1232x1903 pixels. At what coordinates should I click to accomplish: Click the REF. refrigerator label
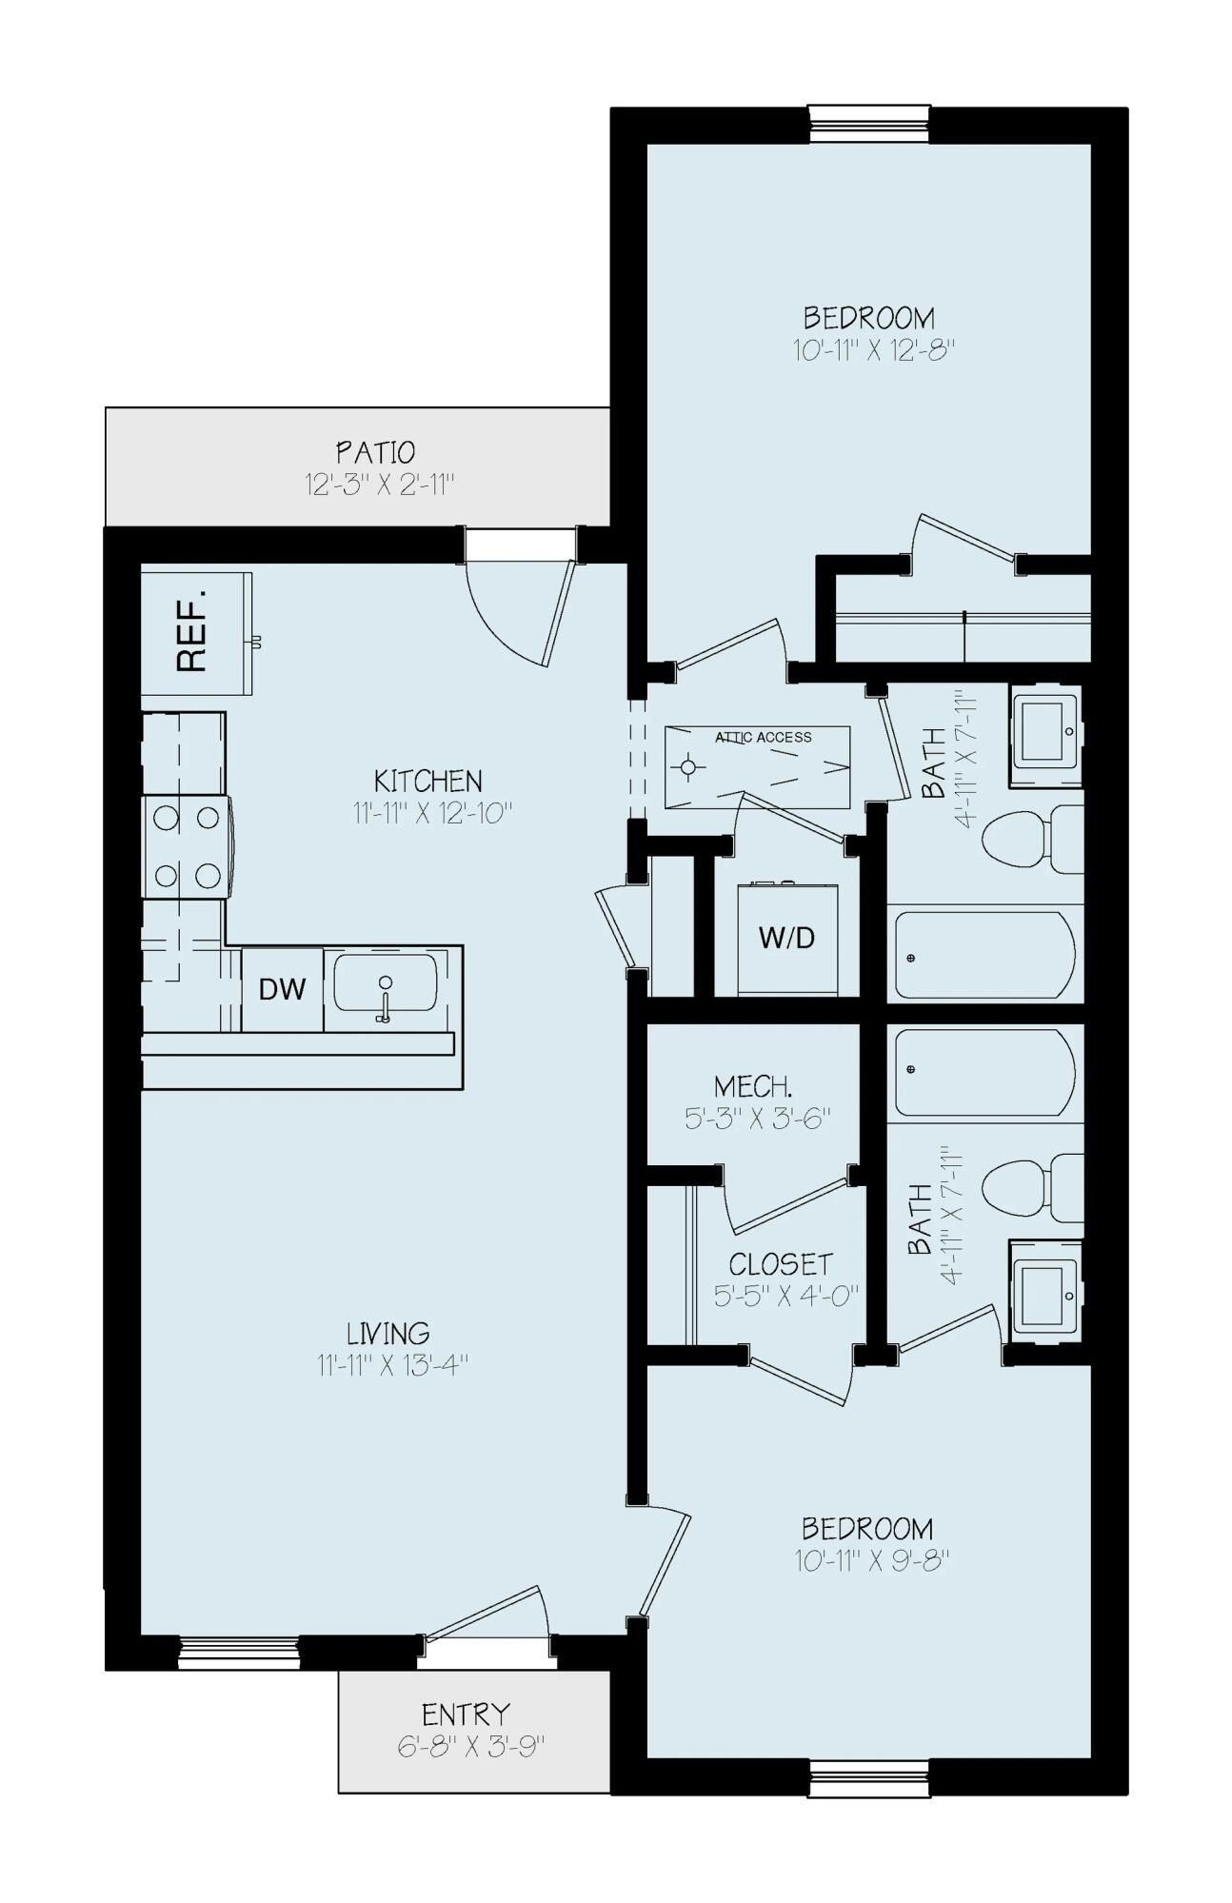[193, 632]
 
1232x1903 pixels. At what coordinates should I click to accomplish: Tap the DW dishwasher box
[282, 989]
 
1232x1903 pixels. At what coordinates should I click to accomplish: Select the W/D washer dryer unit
[787, 939]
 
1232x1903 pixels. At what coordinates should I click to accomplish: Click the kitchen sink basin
[385, 984]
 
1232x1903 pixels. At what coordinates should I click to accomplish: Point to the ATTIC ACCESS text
[764, 737]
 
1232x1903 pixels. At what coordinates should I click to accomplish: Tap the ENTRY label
[467, 1715]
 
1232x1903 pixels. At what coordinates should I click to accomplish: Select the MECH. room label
[753, 1086]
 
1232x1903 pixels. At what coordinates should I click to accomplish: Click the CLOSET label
[781, 1264]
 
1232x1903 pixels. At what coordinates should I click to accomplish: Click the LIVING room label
[388, 1333]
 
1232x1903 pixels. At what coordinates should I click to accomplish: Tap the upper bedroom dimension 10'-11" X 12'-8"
[873, 350]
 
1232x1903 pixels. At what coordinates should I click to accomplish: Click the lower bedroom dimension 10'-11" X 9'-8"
[870, 1561]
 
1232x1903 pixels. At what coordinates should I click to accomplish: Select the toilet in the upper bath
[1028, 839]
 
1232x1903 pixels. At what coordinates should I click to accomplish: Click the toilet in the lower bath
[1028, 1186]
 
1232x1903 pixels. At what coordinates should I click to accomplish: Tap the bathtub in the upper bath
[984, 955]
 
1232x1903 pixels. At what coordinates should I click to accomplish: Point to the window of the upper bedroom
[869, 125]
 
